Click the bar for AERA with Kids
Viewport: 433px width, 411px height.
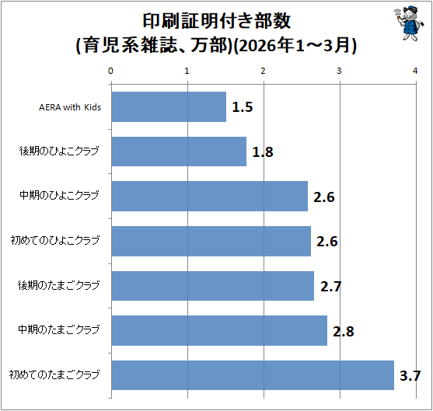(x=169, y=106)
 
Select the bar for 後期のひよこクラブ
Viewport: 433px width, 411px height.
(x=179, y=152)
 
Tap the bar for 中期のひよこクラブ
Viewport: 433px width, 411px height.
(x=210, y=197)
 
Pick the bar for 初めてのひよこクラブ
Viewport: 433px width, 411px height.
(x=211, y=242)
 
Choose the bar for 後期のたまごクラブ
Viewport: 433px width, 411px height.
(x=213, y=286)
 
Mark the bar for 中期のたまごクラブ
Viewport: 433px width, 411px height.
(x=219, y=331)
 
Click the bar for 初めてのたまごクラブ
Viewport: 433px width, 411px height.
(x=253, y=375)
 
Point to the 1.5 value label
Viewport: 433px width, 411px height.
(x=243, y=107)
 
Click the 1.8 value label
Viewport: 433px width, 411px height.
(x=263, y=152)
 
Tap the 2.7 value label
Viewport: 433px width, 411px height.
(x=331, y=287)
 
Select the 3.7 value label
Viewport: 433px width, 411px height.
(x=410, y=376)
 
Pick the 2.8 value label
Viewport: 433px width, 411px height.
(x=344, y=331)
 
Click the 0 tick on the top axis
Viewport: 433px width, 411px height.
(x=110, y=71)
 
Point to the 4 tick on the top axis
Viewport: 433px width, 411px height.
(x=415, y=71)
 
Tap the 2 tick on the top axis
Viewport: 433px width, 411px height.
(x=263, y=71)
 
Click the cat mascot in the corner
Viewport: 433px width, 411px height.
(x=409, y=23)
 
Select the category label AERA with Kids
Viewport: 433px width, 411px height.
(x=70, y=107)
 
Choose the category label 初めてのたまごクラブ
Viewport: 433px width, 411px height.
(x=54, y=374)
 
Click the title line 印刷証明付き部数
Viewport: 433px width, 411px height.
(x=216, y=21)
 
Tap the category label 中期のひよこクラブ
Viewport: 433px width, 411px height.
(x=59, y=196)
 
